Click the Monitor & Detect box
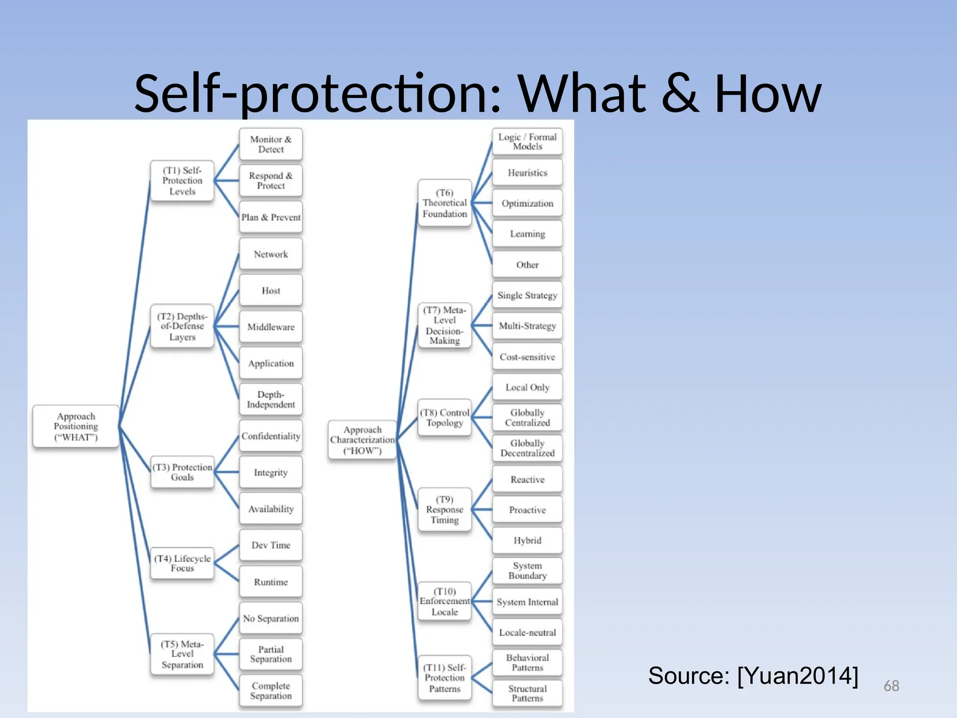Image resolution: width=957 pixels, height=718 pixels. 271,144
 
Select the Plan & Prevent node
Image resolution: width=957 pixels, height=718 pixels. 271,217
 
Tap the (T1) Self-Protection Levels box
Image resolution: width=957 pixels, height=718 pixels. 182,181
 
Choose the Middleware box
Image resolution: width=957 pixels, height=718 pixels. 271,327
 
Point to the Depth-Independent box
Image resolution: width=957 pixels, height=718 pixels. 271,400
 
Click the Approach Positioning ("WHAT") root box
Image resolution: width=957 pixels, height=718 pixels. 76,427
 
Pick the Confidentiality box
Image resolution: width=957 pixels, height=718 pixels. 271,436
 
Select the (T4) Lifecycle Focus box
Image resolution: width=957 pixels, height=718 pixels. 182,563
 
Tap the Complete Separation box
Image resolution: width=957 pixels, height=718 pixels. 271,690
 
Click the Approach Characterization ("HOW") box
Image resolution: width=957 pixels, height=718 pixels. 363,440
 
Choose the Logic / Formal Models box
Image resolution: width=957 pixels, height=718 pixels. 527,142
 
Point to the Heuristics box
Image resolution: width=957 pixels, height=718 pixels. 527,173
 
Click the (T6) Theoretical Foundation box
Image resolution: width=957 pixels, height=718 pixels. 444,203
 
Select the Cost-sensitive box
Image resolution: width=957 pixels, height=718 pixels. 527,357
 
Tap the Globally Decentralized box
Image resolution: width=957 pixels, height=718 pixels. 527,448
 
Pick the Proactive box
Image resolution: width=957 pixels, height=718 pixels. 527,510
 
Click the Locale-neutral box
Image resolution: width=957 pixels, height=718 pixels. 527,632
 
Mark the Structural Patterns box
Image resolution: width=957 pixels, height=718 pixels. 527,693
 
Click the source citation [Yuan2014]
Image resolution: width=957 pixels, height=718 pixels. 753,676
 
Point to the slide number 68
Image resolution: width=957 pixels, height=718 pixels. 891,686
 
